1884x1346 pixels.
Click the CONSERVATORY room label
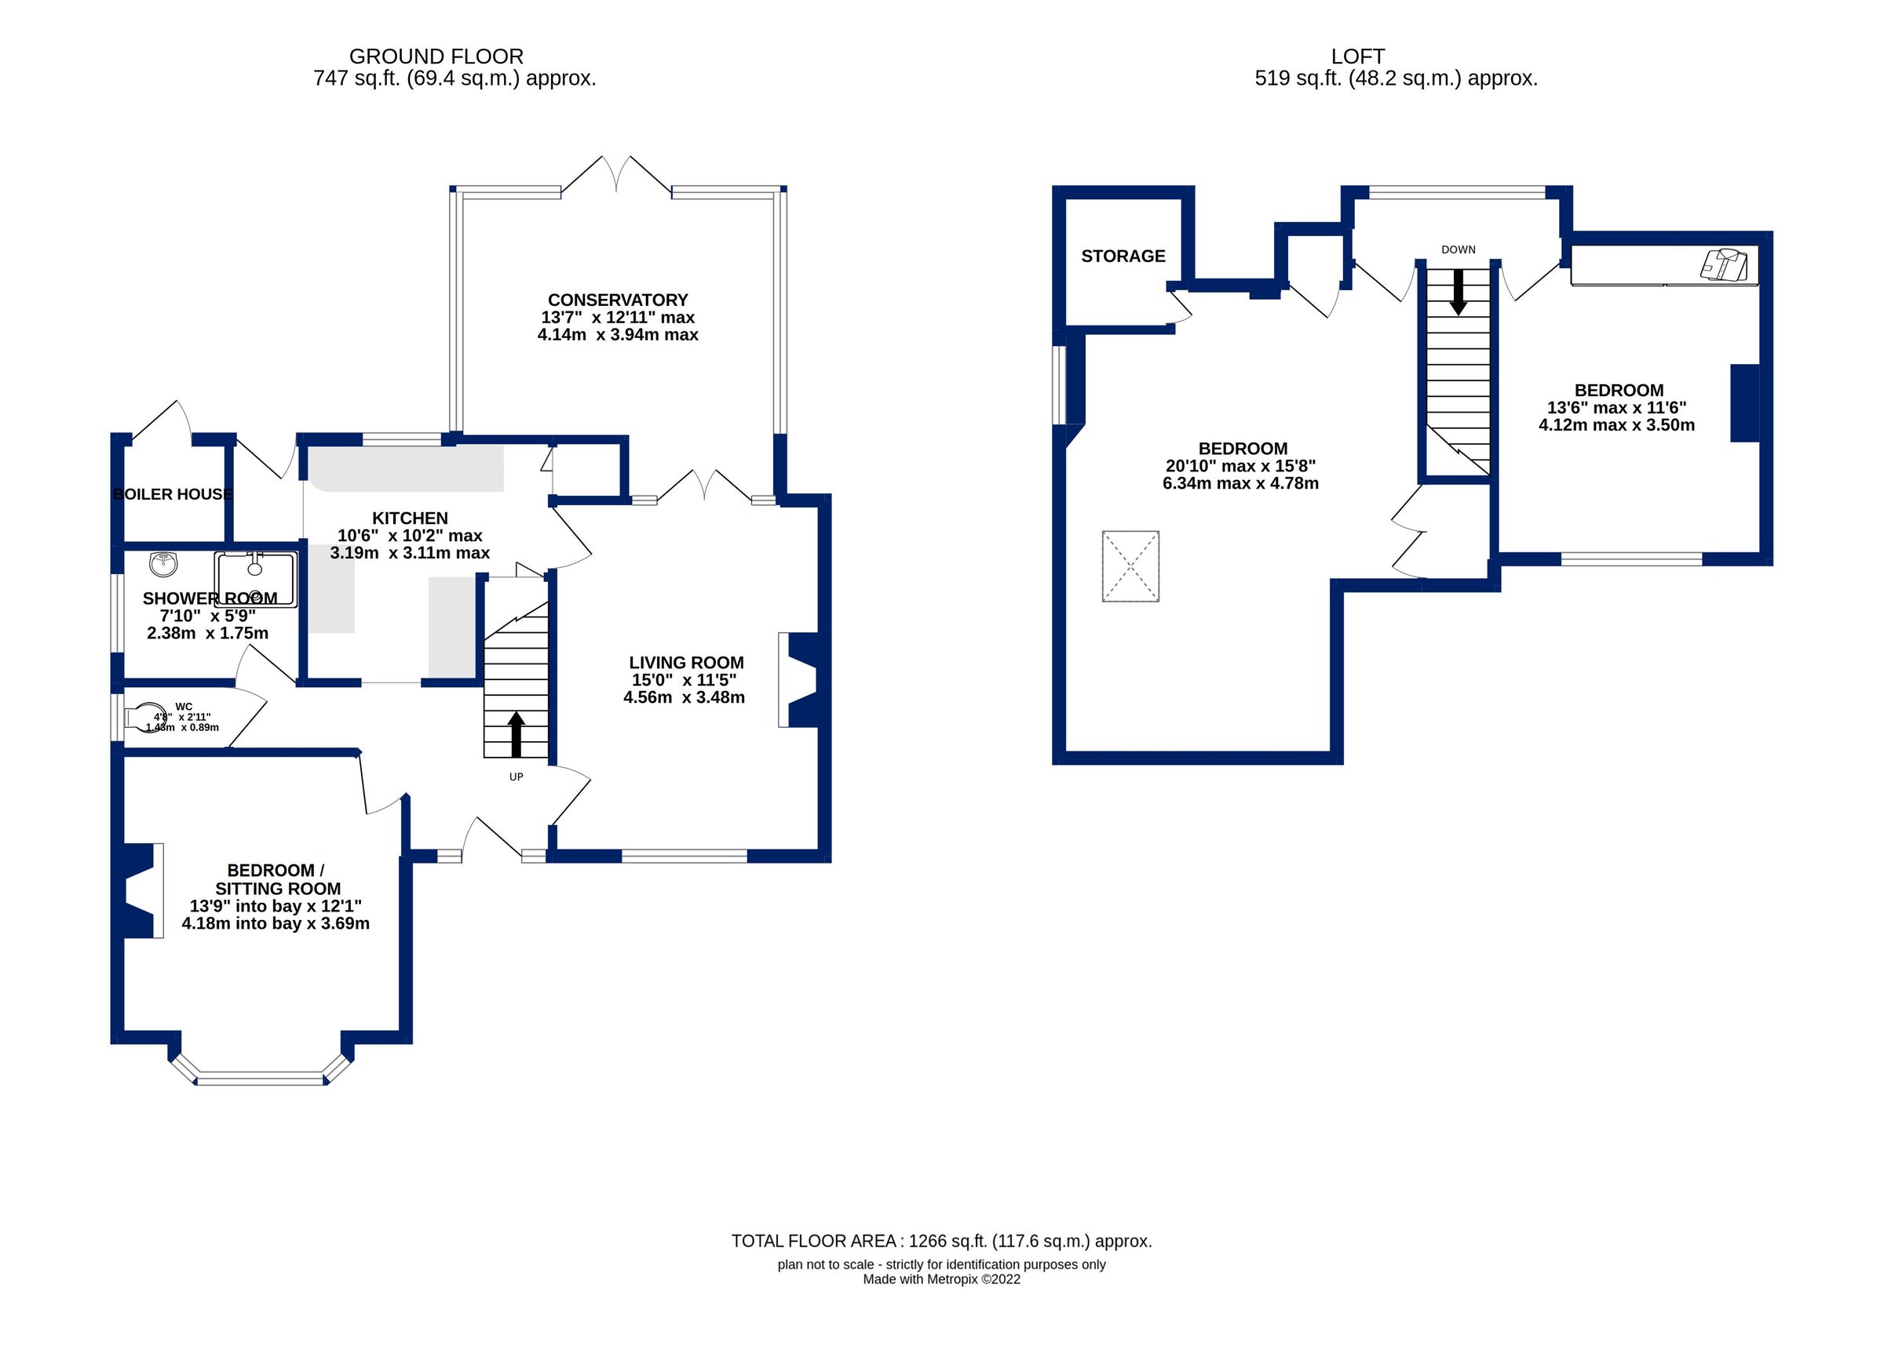[618, 300]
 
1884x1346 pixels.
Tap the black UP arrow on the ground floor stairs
[516, 733]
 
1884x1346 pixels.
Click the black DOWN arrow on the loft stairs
[1458, 292]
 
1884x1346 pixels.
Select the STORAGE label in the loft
[1123, 256]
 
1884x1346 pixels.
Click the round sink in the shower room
[163, 565]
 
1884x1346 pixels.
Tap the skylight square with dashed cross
[1130, 566]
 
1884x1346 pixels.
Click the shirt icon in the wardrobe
[1725, 264]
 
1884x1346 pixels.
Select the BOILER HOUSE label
[173, 495]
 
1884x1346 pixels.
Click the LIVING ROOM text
[686, 662]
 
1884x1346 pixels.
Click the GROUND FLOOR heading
[436, 56]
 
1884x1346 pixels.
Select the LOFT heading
[1357, 56]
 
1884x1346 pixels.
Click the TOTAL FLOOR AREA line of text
[941, 1241]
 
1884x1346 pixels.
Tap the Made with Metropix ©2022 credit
[941, 1279]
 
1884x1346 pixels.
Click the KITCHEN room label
[410, 518]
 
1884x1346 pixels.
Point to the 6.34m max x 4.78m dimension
[1240, 483]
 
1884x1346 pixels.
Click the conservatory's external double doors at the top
[616, 176]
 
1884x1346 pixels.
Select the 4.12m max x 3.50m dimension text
[1616, 425]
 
